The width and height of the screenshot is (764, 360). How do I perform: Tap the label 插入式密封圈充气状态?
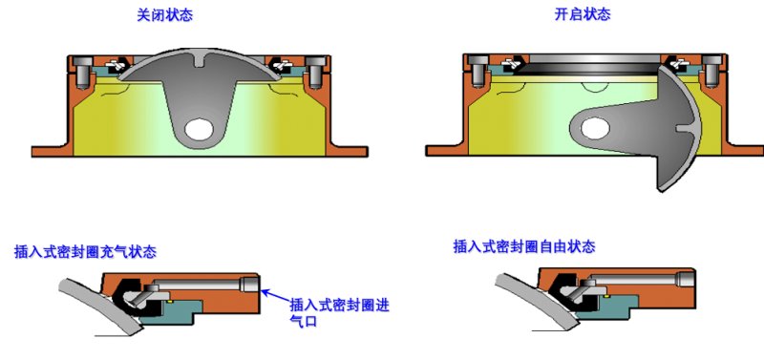click(x=86, y=252)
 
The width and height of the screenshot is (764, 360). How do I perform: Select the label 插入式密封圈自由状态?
click(x=524, y=246)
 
